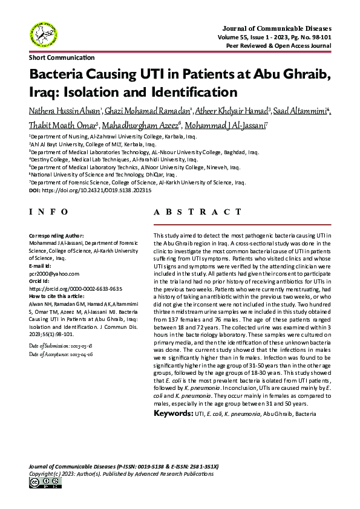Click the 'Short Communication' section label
(62, 57)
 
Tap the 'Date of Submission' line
(61, 345)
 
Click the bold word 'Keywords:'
(173, 414)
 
